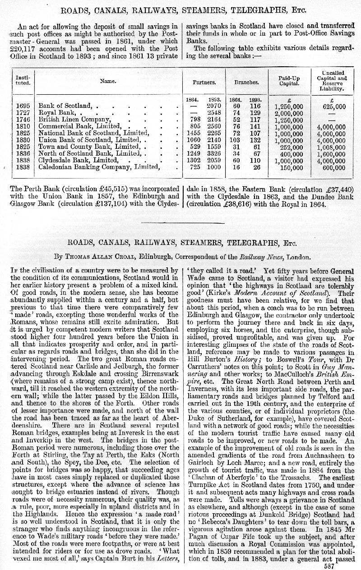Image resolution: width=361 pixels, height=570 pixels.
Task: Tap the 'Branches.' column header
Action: [x=246, y=83]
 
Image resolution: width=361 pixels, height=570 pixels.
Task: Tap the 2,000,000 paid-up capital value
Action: [x=288, y=114]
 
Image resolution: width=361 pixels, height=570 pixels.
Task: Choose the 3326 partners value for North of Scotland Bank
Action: [x=213, y=154]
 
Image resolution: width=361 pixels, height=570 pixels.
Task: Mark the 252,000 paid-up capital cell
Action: [x=292, y=147]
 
